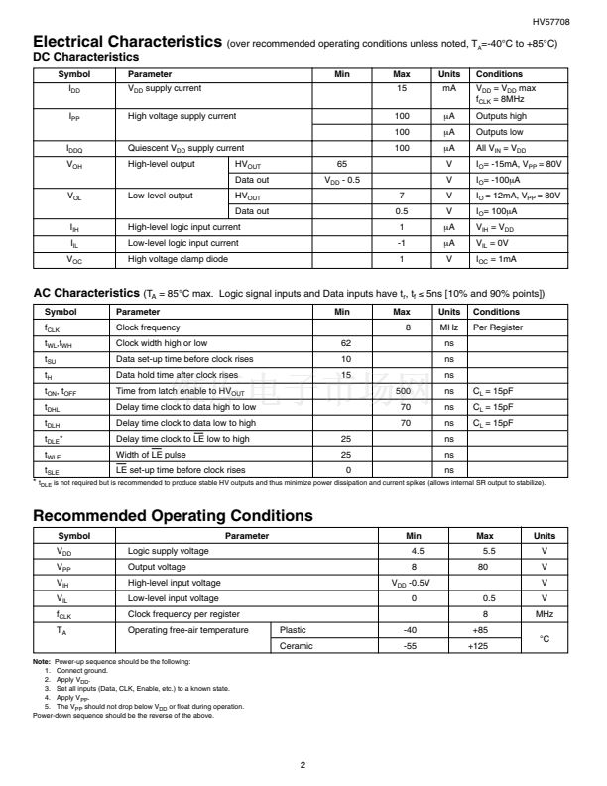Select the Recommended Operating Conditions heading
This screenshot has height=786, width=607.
(x=174, y=516)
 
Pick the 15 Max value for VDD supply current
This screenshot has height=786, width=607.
(x=402, y=89)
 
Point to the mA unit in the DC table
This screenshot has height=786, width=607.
(x=448, y=89)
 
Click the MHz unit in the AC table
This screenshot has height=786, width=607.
(x=448, y=327)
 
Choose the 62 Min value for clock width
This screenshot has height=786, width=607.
(x=346, y=343)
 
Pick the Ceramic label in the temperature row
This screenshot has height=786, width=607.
(x=297, y=646)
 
